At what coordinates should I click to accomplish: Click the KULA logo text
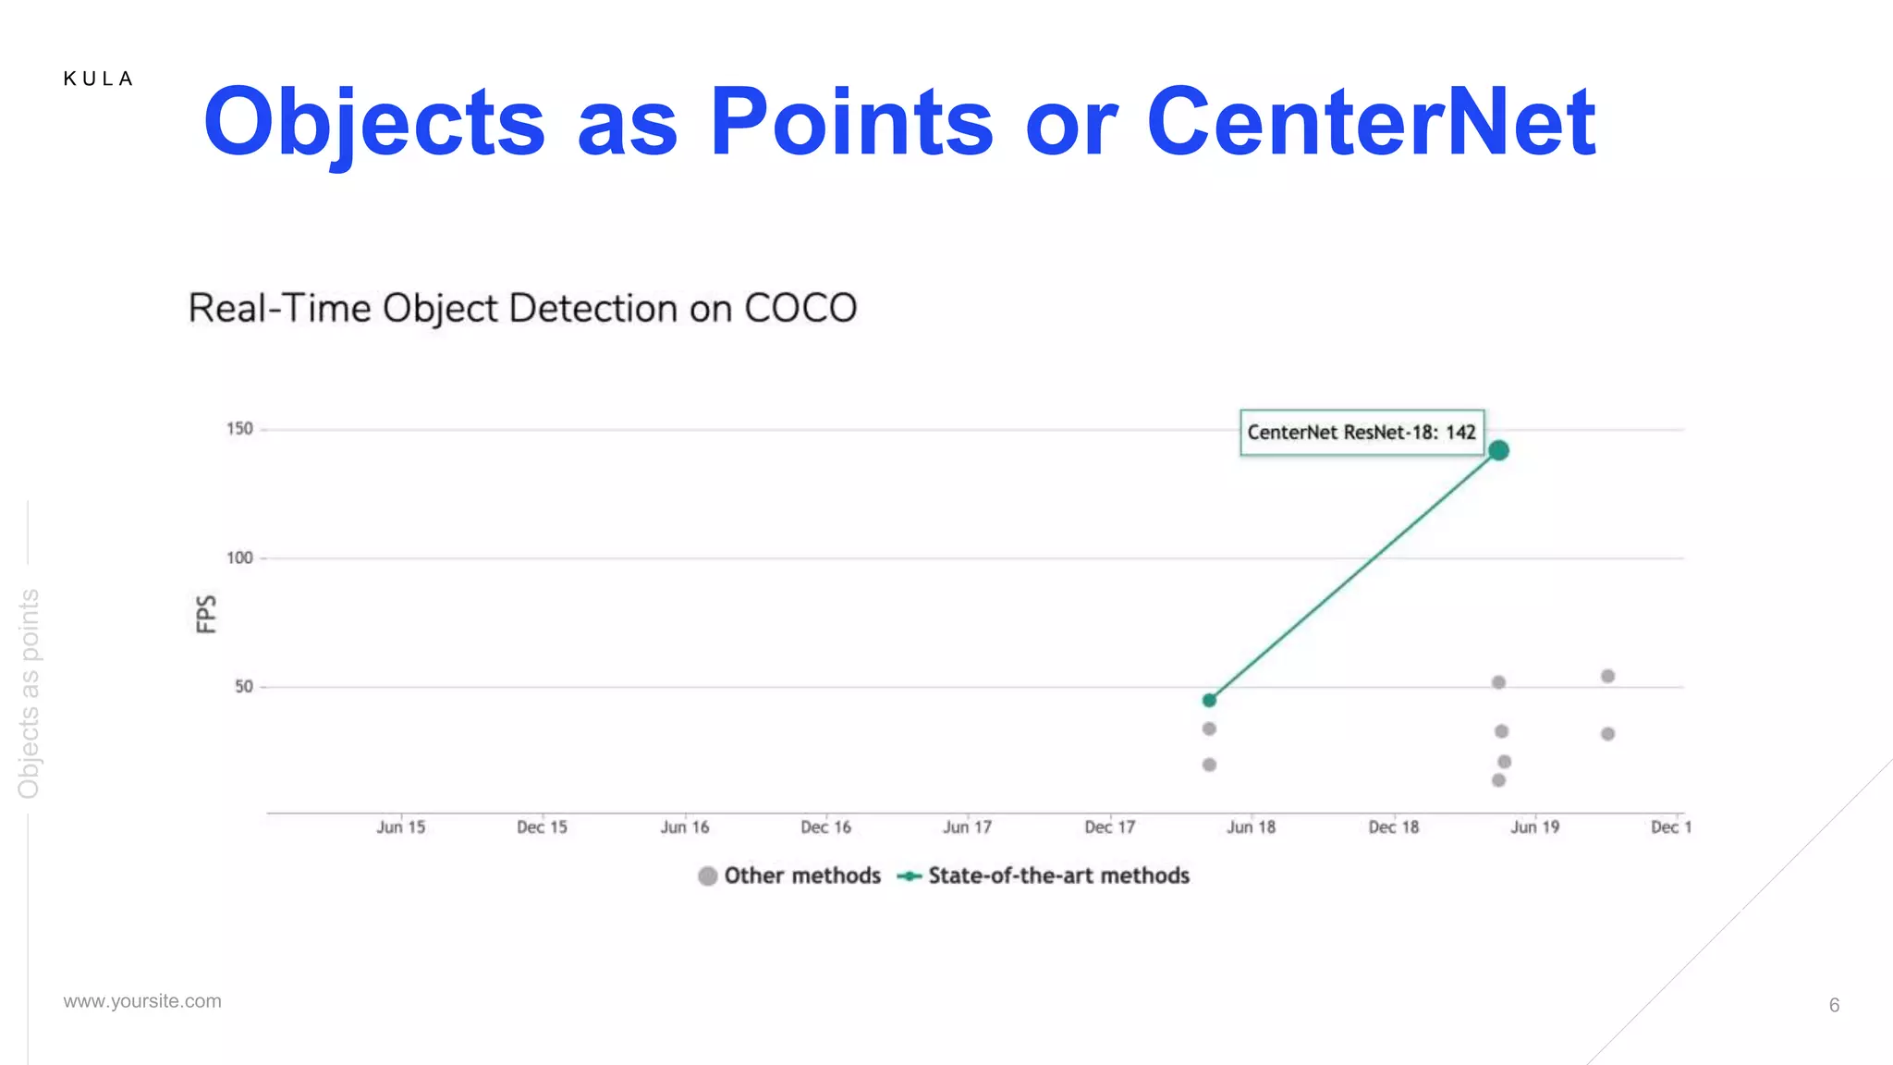(x=98, y=80)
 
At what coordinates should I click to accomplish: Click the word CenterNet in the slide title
(x=1370, y=122)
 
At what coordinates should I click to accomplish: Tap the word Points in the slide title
(x=850, y=122)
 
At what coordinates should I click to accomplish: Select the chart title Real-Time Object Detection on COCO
(x=522, y=309)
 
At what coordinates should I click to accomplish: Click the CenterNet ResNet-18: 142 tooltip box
(x=1361, y=433)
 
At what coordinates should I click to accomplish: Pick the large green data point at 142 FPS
(x=1498, y=450)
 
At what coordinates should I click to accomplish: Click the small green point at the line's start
(x=1209, y=700)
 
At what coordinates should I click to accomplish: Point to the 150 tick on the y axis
(x=239, y=429)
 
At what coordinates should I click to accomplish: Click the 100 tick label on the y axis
(x=239, y=558)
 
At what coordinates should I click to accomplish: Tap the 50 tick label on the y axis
(x=243, y=687)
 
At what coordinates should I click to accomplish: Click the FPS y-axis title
(x=206, y=614)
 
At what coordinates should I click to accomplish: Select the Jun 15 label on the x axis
(x=400, y=827)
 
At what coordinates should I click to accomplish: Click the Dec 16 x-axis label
(x=825, y=827)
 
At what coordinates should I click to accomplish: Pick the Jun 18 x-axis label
(x=1251, y=827)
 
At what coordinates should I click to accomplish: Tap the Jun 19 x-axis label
(x=1534, y=827)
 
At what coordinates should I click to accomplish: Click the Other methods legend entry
(x=790, y=875)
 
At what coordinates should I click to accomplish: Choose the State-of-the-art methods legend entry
(x=1044, y=875)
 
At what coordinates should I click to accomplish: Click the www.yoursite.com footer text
(x=142, y=1001)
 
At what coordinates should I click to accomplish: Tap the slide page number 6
(x=1834, y=1005)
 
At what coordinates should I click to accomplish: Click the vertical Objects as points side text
(x=29, y=693)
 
